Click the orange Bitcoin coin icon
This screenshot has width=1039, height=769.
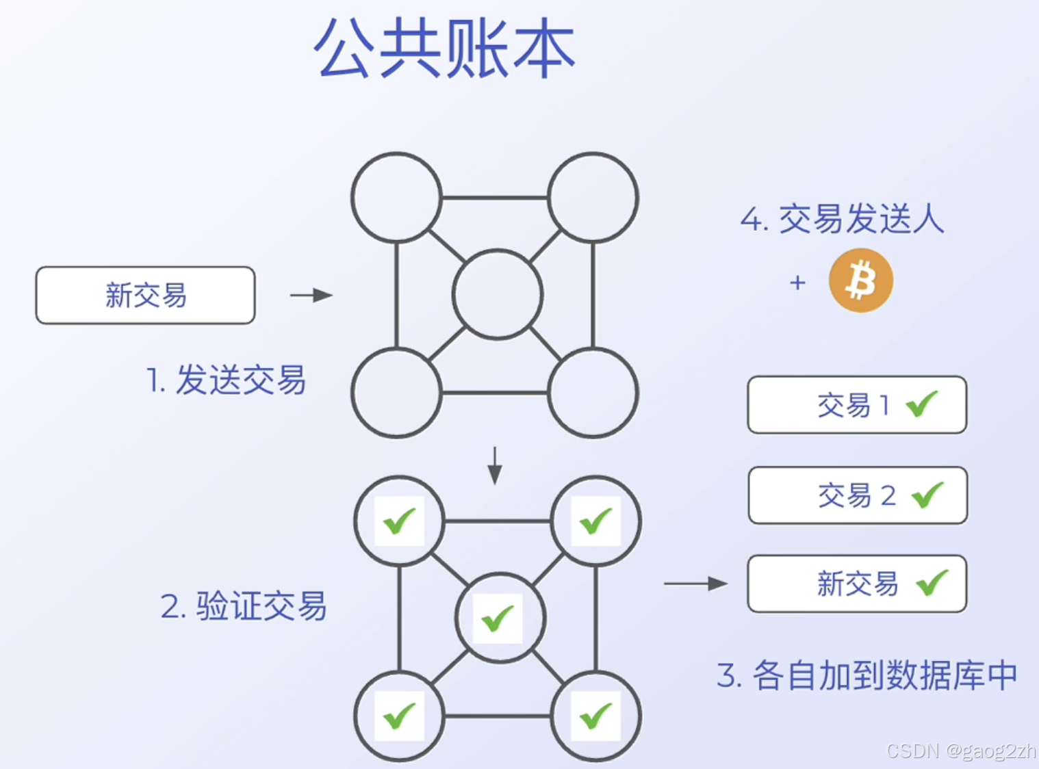click(860, 281)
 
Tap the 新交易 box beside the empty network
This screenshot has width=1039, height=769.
click(145, 296)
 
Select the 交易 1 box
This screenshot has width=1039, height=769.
click(856, 405)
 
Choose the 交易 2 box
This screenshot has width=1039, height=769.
click(857, 495)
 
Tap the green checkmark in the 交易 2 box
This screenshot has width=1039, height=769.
click(927, 495)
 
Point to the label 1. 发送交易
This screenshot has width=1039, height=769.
click(226, 380)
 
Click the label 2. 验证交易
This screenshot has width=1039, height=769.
click(244, 606)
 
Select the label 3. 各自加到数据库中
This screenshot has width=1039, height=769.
click(867, 676)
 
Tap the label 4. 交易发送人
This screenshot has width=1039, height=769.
click(842, 220)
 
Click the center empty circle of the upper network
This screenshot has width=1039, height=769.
click(498, 295)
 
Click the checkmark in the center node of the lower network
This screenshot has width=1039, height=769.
click(498, 618)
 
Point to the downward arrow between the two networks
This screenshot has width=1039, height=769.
click(495, 466)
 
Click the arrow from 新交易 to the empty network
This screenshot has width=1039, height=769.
click(311, 296)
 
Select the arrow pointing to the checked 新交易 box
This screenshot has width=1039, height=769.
click(695, 584)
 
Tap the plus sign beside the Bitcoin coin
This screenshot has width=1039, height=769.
click(797, 283)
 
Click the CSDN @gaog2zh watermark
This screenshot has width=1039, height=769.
click(961, 751)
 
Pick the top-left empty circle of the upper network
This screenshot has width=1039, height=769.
click(396, 198)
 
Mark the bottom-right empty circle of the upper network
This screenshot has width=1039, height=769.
click(593, 393)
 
